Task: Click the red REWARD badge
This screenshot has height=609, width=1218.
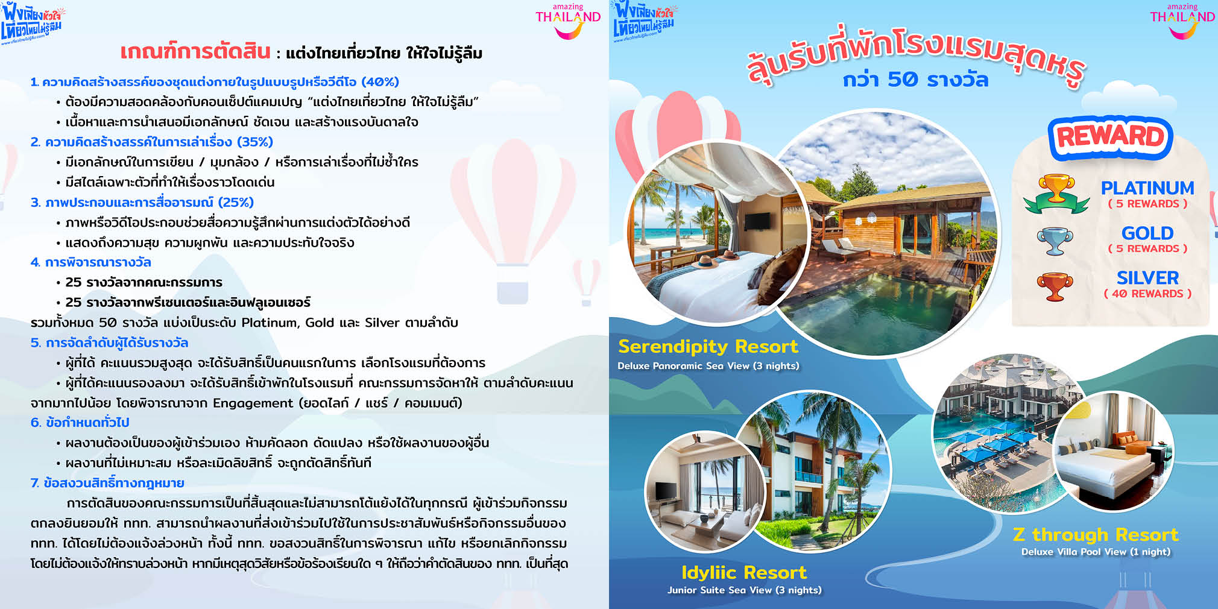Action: [1111, 137]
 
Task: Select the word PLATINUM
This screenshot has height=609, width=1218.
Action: [1147, 188]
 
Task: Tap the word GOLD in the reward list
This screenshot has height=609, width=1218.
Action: [1147, 233]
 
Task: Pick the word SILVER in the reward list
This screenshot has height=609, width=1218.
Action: [1147, 278]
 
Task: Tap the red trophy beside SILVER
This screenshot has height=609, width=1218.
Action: [1055, 286]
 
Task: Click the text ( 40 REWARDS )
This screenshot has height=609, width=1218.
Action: [1147, 294]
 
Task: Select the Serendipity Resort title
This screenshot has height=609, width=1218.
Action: [708, 347]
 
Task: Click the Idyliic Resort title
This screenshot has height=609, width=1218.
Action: [744, 572]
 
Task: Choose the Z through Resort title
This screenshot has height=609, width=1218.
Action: [1096, 534]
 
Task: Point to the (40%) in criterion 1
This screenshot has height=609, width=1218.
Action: [380, 81]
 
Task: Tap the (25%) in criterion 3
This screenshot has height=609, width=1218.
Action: [236, 202]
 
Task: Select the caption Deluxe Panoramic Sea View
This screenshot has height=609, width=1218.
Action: [683, 366]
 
